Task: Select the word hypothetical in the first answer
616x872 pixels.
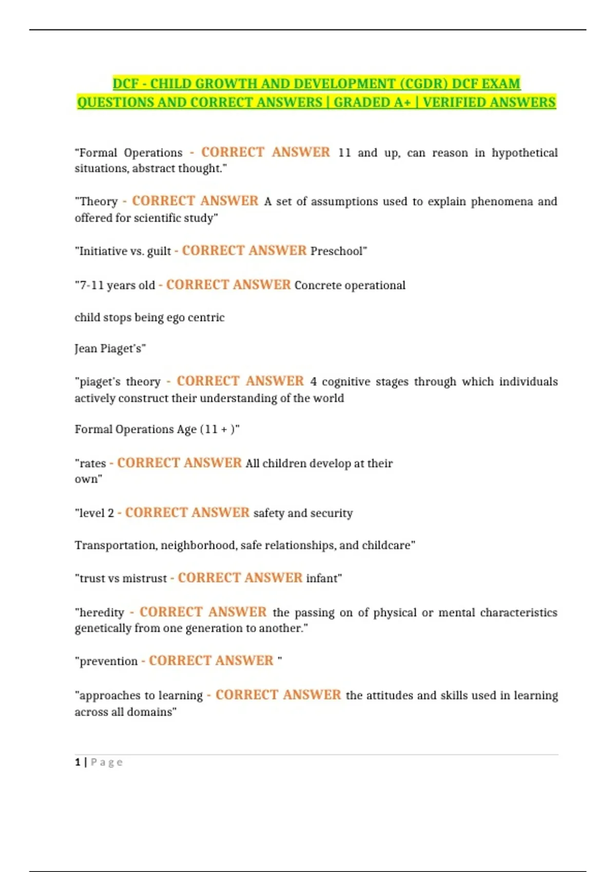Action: pyautogui.click(x=524, y=153)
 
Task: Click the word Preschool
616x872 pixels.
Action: pyautogui.click(x=337, y=251)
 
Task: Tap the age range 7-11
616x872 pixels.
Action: pyautogui.click(x=91, y=285)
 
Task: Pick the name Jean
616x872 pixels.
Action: pyautogui.click(x=86, y=349)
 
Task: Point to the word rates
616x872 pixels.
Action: pyautogui.click(x=93, y=464)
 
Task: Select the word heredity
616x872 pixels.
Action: pyautogui.click(x=102, y=612)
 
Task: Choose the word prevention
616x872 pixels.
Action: pyautogui.click(x=108, y=661)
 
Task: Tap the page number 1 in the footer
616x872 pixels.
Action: pyautogui.click(x=78, y=762)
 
